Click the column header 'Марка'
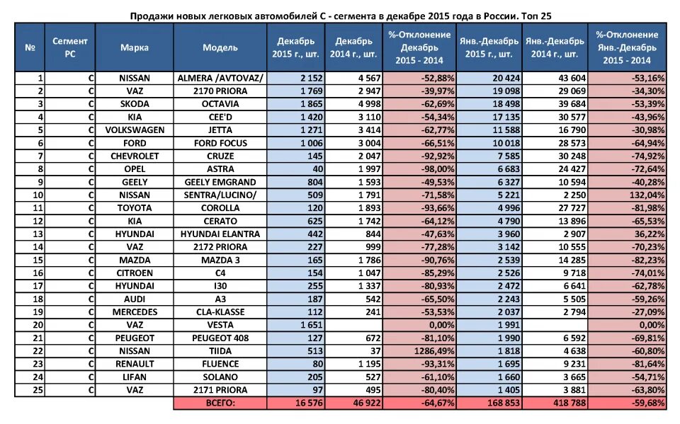[134, 47]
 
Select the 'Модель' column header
[220, 47]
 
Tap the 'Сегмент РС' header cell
[70, 47]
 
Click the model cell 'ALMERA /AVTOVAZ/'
[220, 78]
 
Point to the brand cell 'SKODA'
[134, 104]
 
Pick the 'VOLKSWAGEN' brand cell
[134, 130]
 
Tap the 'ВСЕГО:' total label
[220, 403]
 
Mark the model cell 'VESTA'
[220, 325]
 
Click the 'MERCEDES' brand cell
[134, 311]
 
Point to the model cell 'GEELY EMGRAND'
[220, 182]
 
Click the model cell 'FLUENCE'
[220, 364]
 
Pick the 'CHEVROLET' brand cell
[134, 156]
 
